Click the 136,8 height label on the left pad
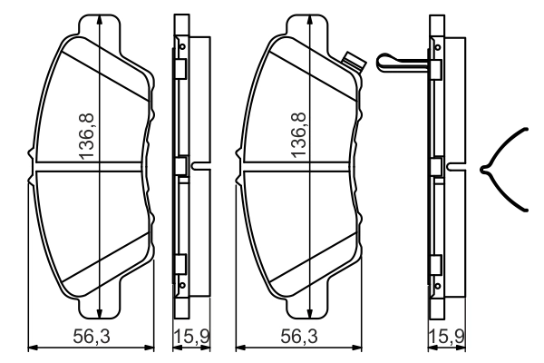(87, 141)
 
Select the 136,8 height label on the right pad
(297, 141)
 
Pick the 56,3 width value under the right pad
(298, 337)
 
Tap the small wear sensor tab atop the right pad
(353, 62)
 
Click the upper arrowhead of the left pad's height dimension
(97, 20)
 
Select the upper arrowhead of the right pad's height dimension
(309, 20)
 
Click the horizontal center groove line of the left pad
(91, 169)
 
